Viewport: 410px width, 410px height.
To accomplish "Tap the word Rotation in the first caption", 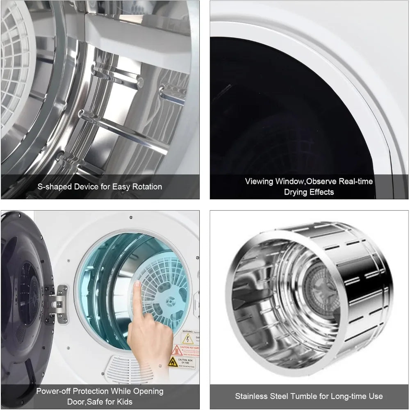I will point(146,187).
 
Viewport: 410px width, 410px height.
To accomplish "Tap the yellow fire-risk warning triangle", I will point(173,362).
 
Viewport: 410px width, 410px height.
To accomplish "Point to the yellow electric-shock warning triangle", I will point(187,339).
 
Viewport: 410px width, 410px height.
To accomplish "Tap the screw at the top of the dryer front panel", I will point(130,217).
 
